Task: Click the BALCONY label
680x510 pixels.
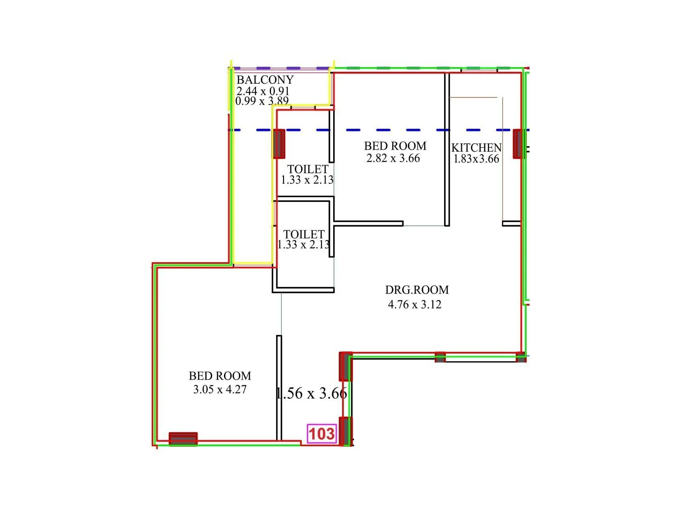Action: tap(265, 80)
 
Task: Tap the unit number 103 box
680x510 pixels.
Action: tap(322, 434)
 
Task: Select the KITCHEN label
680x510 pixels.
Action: tap(476, 148)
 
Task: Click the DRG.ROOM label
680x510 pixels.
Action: tap(417, 290)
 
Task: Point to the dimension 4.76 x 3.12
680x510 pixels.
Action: tap(414, 304)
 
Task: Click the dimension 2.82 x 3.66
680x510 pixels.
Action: tap(393, 159)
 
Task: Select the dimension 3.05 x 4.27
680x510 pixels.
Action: tap(220, 389)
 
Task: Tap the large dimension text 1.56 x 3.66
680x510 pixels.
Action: tap(312, 393)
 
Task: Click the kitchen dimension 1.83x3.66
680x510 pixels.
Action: tap(476, 159)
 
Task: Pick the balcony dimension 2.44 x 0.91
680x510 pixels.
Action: tap(263, 91)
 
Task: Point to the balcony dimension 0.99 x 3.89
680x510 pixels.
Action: tap(262, 101)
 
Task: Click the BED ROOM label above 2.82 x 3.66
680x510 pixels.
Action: tap(395, 146)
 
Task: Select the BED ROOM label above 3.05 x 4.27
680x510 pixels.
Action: tap(220, 376)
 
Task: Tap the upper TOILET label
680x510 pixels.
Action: tap(308, 169)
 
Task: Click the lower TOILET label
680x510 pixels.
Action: tap(304, 234)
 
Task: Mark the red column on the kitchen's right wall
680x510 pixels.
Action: tap(518, 144)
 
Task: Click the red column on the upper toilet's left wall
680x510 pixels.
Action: tap(279, 144)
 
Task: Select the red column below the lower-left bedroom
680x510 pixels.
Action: tap(183, 439)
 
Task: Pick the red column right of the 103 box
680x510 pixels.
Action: tap(346, 431)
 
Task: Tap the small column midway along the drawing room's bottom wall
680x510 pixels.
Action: tap(440, 357)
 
